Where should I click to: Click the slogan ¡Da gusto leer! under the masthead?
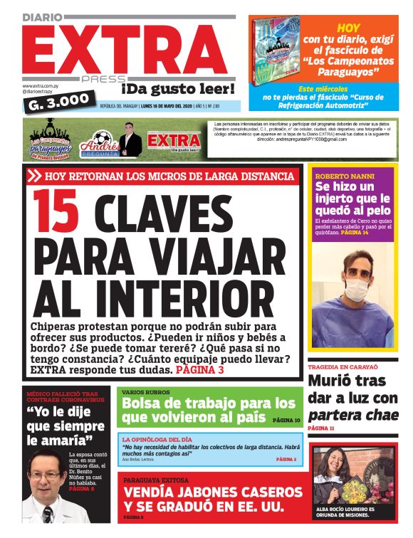pos(177,89)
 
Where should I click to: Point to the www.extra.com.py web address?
pos(44,85)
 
